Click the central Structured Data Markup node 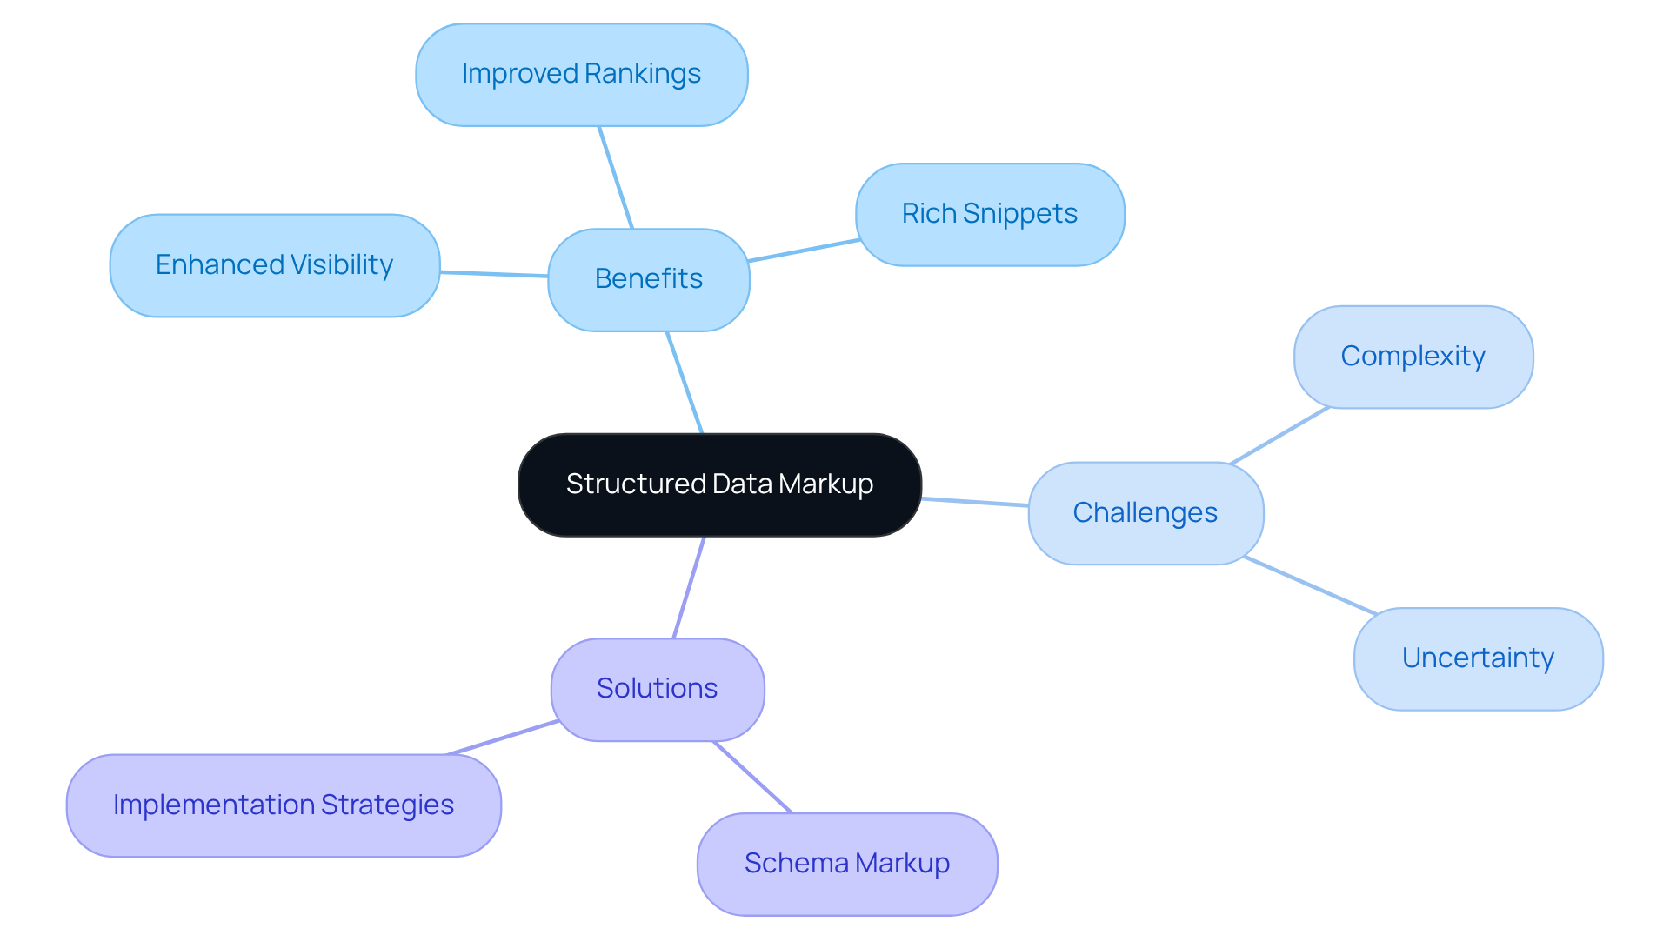(x=719, y=484)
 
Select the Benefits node (x=648, y=279)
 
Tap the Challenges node (x=1145, y=513)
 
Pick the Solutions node (x=657, y=689)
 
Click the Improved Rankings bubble (x=581, y=75)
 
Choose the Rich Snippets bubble (x=989, y=214)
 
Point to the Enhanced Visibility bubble (x=274, y=265)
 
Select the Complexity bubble (x=1413, y=357)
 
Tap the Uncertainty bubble (x=1478, y=658)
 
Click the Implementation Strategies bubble (x=283, y=805)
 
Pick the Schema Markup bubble (x=846, y=864)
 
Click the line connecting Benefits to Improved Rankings (x=616, y=177)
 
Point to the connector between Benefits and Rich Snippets (x=804, y=250)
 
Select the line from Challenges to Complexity (x=1280, y=435)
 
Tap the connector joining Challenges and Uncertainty (x=1310, y=585)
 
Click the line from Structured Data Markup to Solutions (x=689, y=588)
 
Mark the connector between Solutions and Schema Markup (x=752, y=777)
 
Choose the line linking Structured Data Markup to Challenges (x=975, y=502)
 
